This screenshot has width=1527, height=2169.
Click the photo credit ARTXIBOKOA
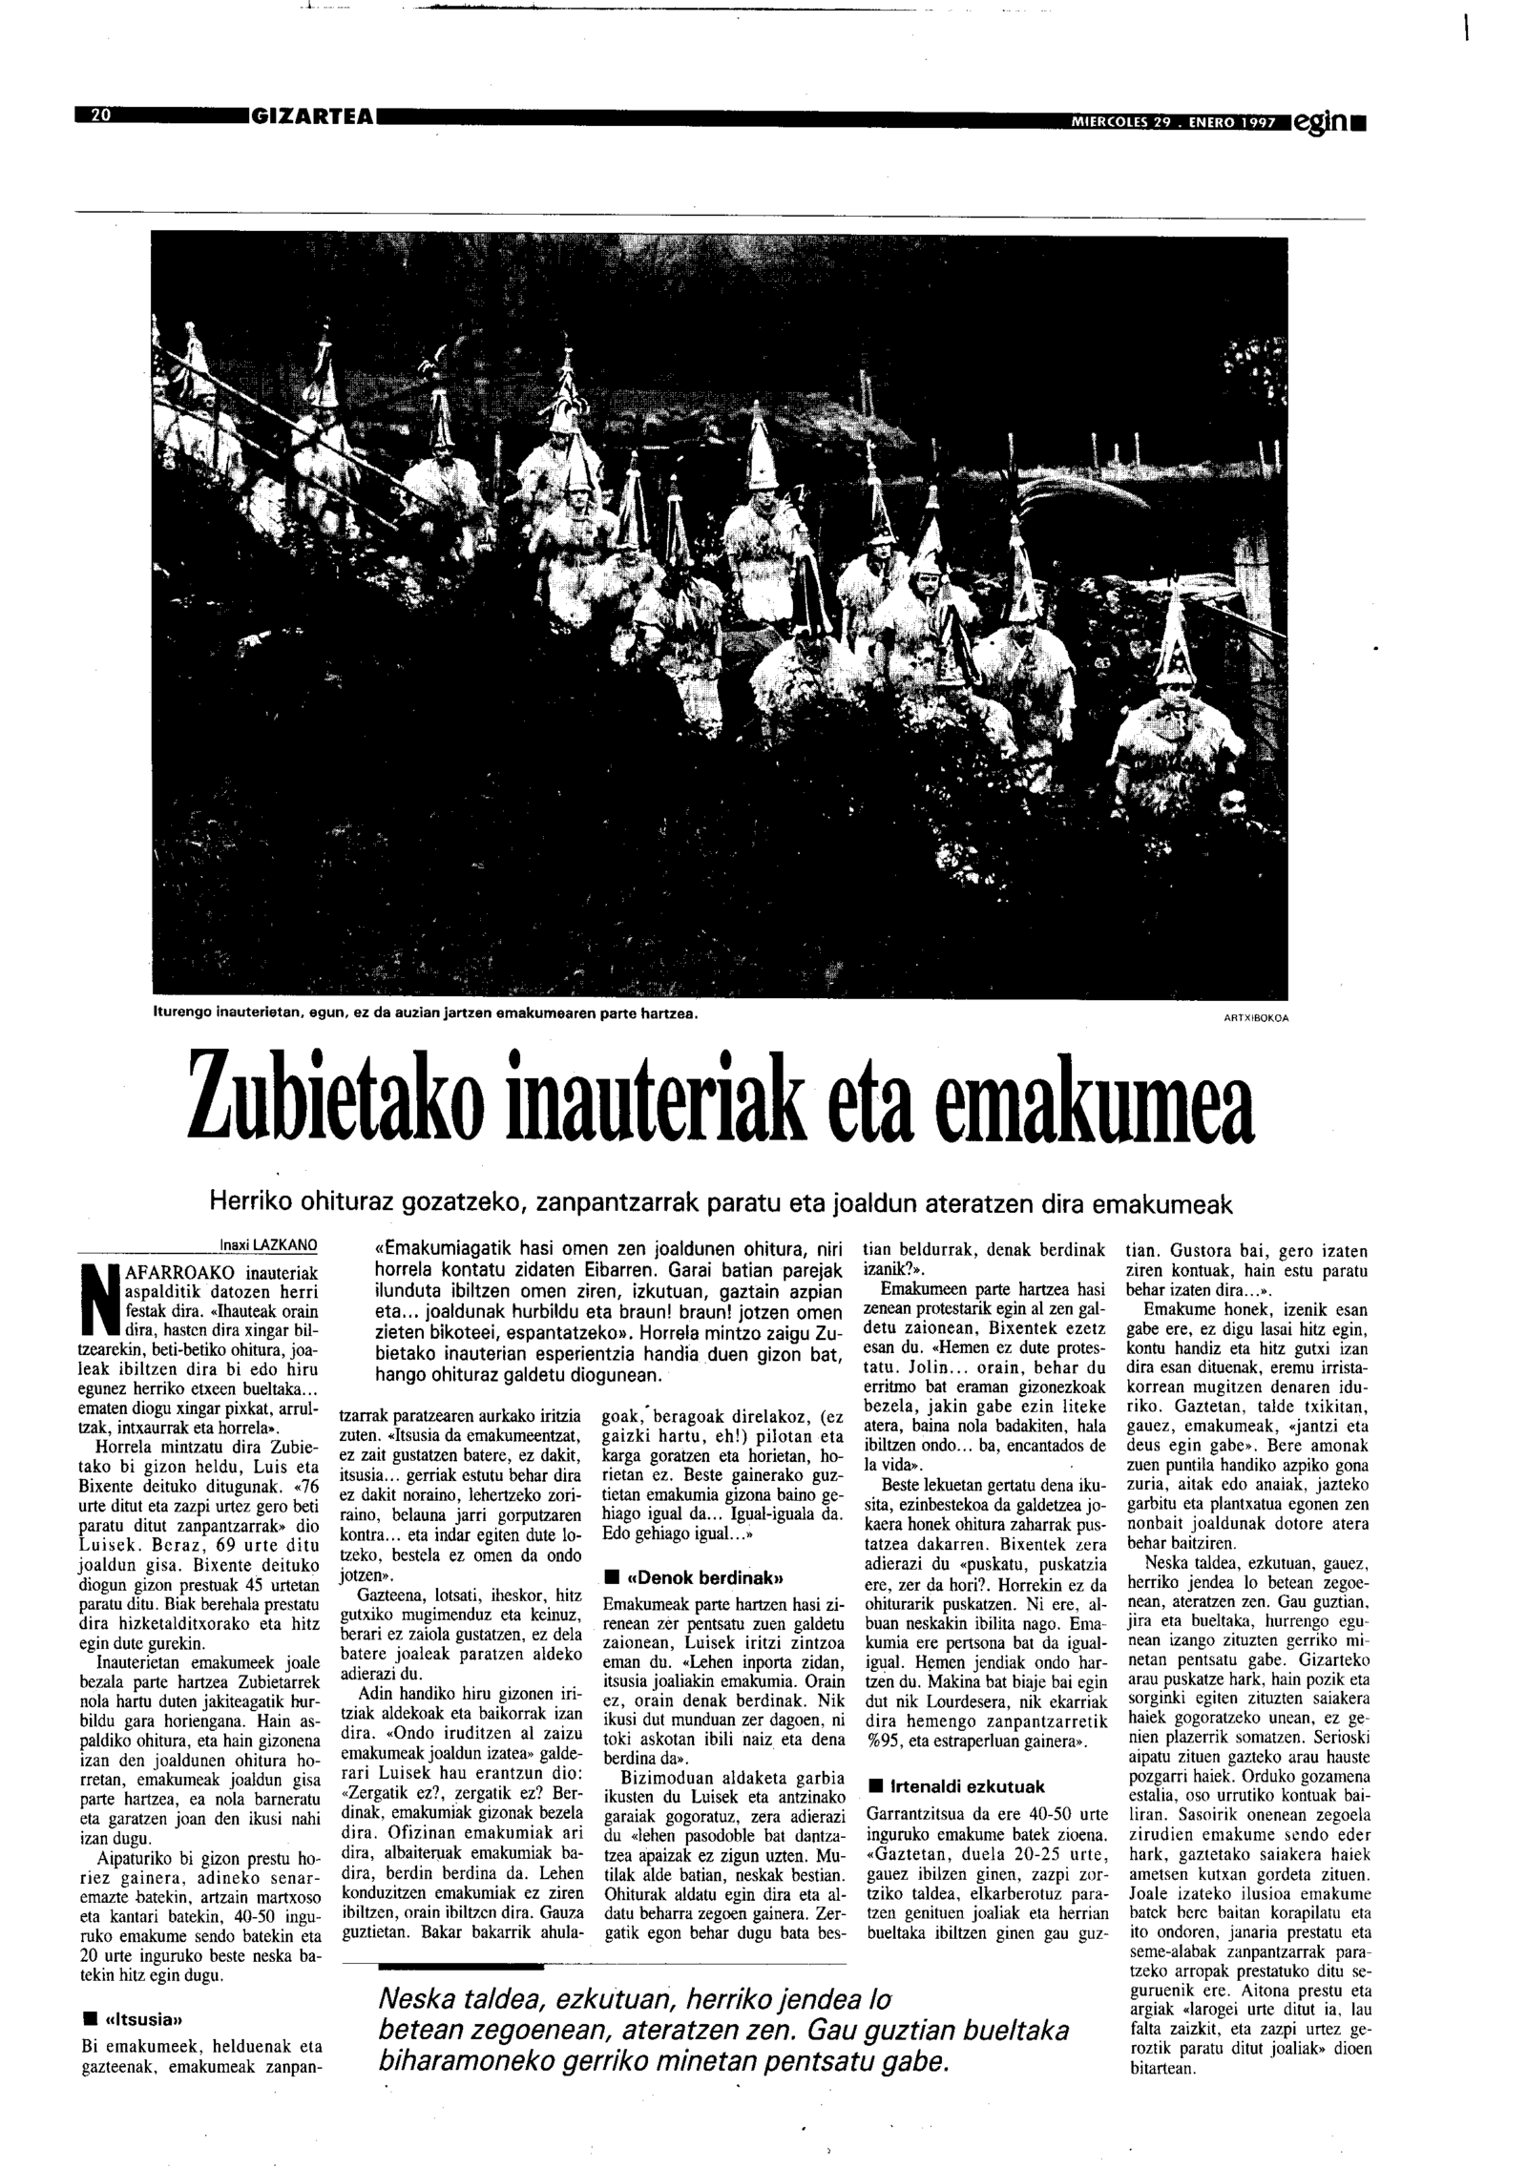(x=1255, y=1017)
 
